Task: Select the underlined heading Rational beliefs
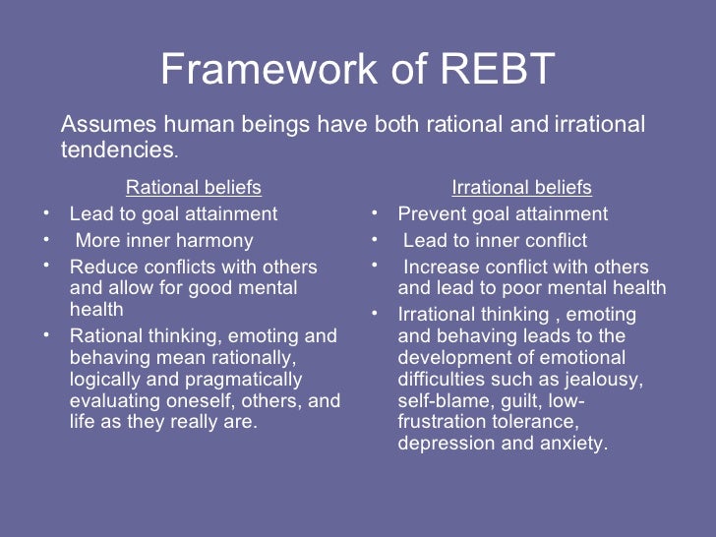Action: click(194, 187)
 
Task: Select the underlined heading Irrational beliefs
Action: click(521, 187)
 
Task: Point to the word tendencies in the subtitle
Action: click(117, 150)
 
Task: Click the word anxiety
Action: click(575, 444)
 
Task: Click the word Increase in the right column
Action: click(441, 268)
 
